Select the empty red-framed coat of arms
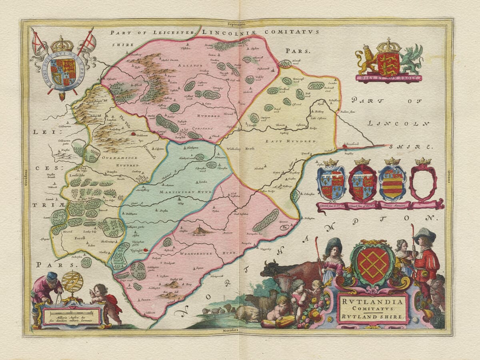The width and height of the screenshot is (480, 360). (424, 183)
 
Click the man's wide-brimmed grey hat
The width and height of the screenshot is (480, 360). (424, 233)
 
